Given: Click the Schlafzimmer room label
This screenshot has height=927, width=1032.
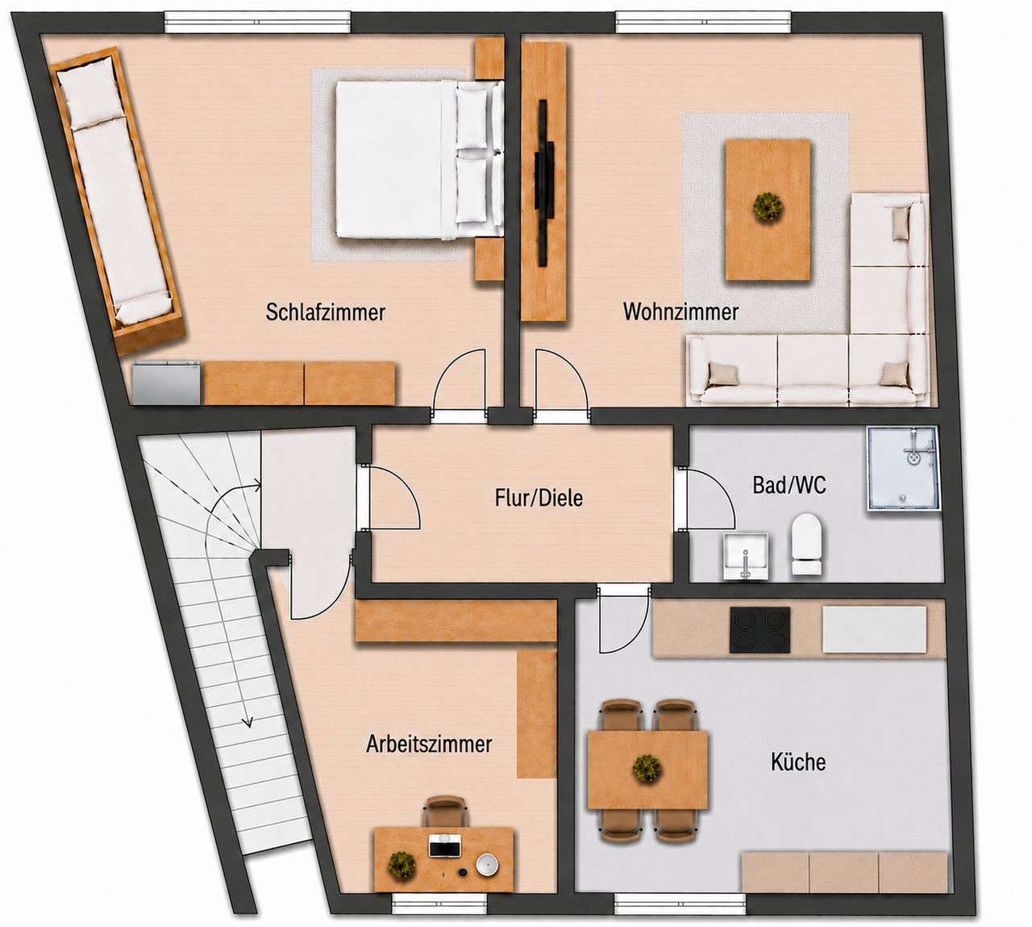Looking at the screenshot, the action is click(x=326, y=312).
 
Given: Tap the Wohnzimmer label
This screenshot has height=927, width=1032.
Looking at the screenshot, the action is click(x=680, y=311).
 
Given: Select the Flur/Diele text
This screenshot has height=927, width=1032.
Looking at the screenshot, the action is click(x=539, y=498).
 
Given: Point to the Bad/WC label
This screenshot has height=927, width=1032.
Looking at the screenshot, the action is click(x=789, y=485).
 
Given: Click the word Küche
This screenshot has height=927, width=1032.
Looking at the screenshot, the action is click(x=798, y=762).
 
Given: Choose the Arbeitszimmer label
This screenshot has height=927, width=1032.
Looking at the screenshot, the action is click(x=429, y=745).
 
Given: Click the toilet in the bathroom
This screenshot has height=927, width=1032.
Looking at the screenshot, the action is click(x=807, y=544).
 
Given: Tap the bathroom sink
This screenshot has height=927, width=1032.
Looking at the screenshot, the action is click(x=745, y=557).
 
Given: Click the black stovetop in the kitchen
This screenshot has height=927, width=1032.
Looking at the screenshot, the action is click(x=760, y=630).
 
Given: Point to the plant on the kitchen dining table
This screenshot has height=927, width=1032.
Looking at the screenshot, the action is click(x=647, y=768).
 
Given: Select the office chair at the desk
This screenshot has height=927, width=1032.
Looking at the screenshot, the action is click(x=445, y=812).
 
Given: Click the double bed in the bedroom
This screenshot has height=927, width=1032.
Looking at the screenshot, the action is click(x=418, y=159).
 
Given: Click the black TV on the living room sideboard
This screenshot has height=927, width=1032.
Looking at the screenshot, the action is click(x=544, y=182).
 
